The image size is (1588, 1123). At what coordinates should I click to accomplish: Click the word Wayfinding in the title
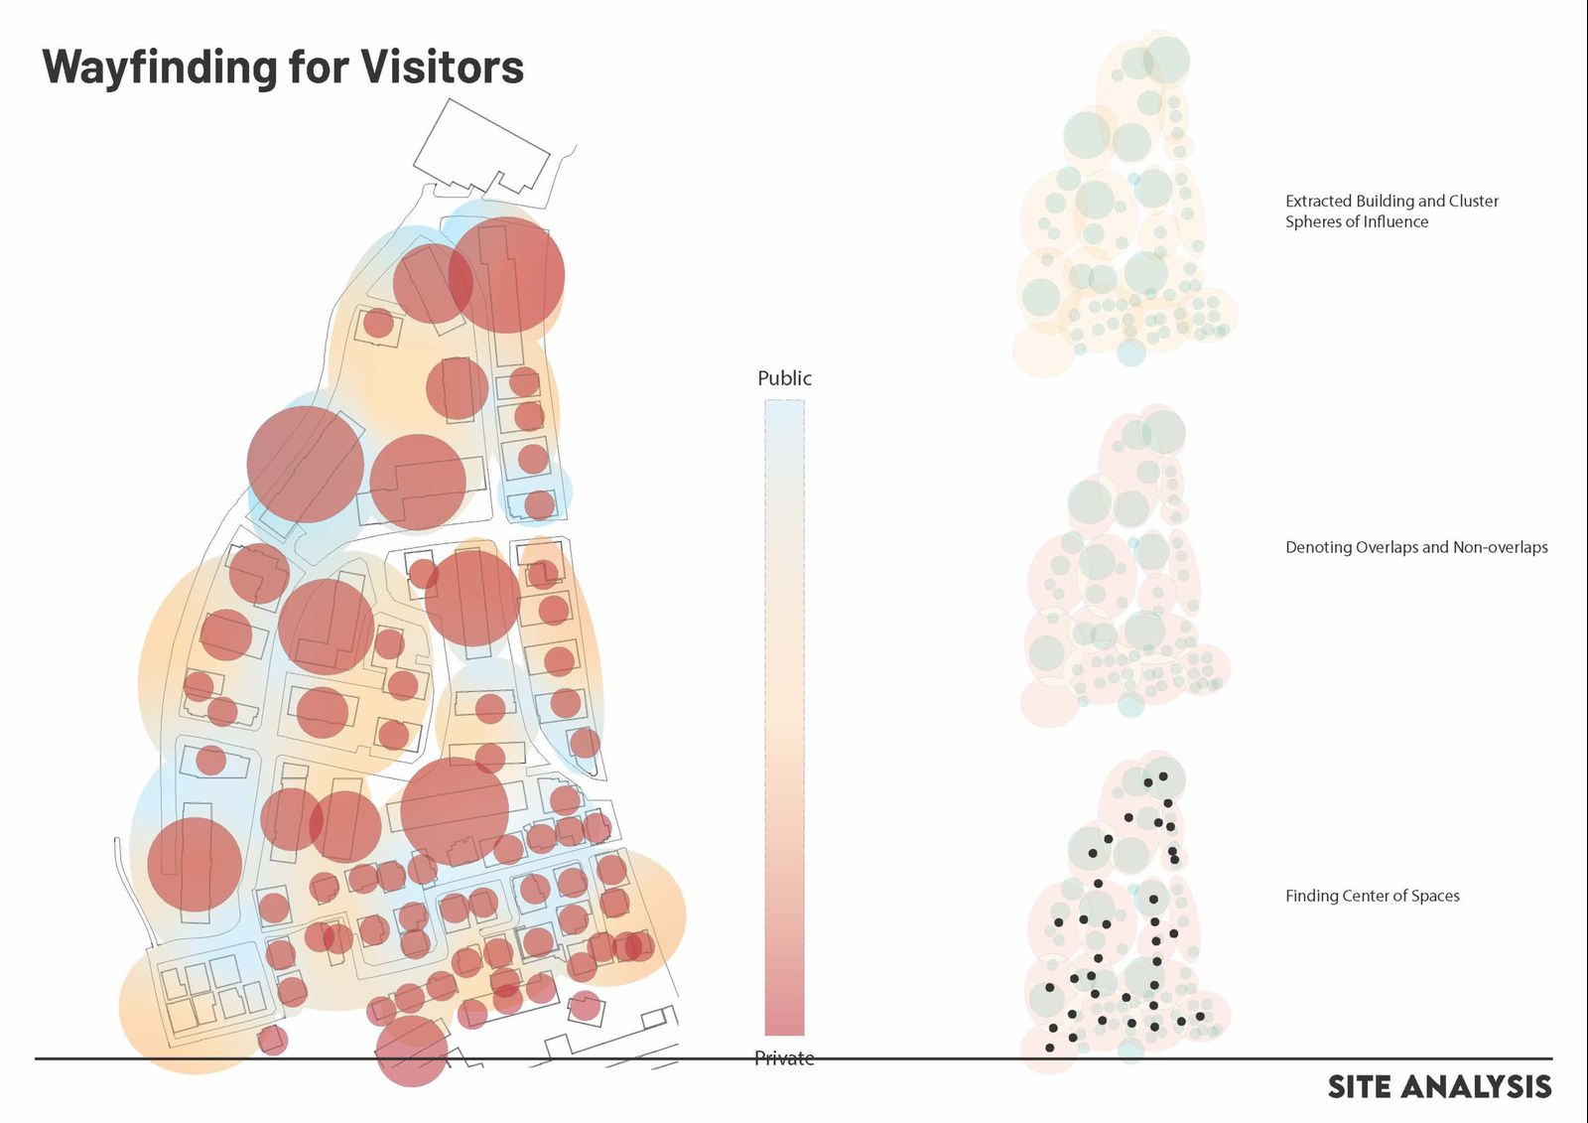pyautogui.click(x=158, y=68)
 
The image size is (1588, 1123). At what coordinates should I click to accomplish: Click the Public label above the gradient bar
pyautogui.click(x=784, y=378)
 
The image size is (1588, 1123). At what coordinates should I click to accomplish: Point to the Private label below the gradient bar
pyautogui.click(x=784, y=1058)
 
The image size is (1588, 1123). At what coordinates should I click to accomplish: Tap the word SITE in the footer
pyautogui.click(x=1361, y=1087)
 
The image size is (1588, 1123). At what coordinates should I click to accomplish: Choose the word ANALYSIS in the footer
pyautogui.click(x=1477, y=1087)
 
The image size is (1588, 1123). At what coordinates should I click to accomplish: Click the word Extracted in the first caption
pyautogui.click(x=1318, y=201)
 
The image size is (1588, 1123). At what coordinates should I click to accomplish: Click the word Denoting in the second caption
pyautogui.click(x=1316, y=547)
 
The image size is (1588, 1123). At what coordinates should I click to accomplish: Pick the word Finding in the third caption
pyautogui.click(x=1311, y=896)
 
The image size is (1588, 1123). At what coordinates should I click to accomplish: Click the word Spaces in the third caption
pyautogui.click(x=1433, y=896)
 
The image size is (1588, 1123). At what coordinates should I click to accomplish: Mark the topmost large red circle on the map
pyautogui.click(x=507, y=275)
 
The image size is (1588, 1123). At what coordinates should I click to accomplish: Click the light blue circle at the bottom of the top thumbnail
pyautogui.click(x=1130, y=351)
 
